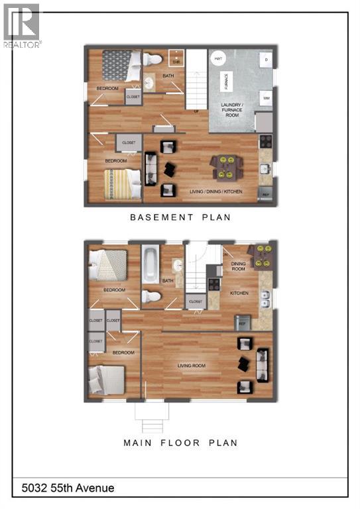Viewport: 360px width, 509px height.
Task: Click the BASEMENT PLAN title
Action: coord(180,217)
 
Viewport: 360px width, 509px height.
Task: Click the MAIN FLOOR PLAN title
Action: coord(180,443)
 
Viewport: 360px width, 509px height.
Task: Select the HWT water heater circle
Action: coord(218,59)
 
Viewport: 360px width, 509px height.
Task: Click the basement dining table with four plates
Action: coord(226,167)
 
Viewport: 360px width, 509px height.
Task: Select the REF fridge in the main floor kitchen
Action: coord(243,321)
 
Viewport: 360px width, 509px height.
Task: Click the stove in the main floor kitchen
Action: coord(215,285)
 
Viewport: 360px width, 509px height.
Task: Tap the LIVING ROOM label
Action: coord(190,365)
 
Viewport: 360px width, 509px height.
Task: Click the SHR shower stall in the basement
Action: coord(176,58)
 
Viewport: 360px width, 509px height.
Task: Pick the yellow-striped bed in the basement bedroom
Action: coord(123,184)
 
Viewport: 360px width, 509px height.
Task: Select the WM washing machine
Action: coord(266,98)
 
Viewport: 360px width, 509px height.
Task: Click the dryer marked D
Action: coord(265,60)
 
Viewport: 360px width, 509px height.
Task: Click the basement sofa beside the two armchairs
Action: coord(150,168)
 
